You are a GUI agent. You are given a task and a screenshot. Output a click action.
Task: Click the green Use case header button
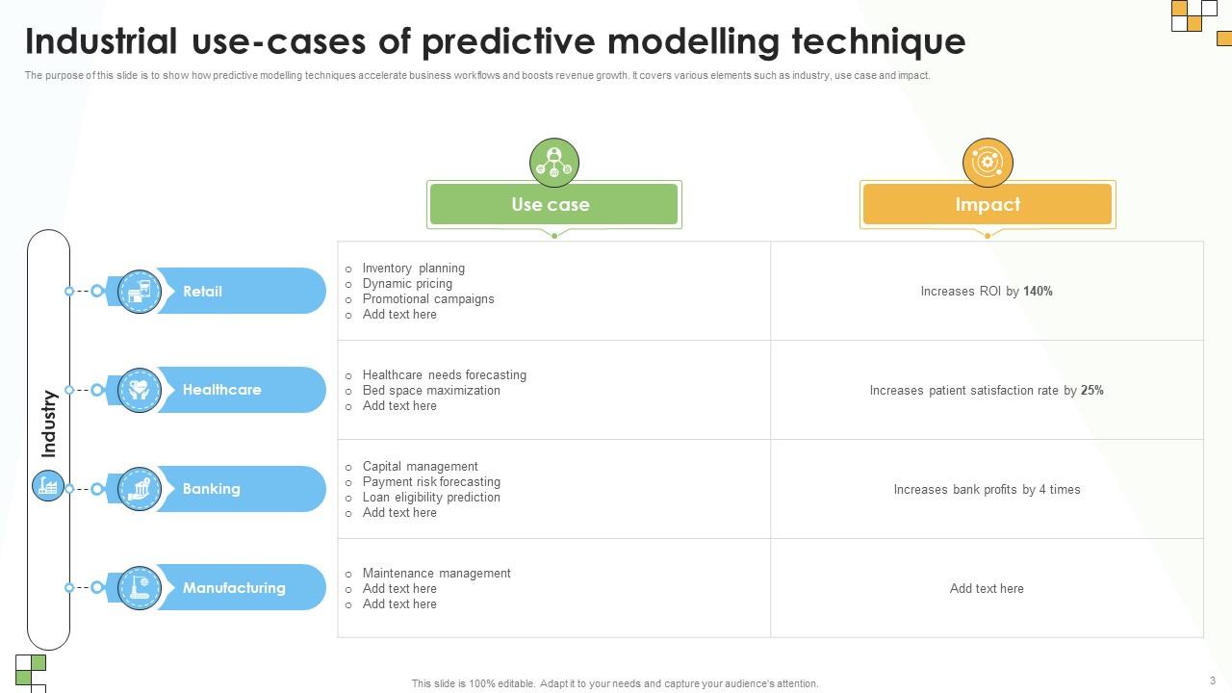[x=553, y=204]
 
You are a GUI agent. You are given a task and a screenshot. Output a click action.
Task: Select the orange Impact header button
[x=988, y=204]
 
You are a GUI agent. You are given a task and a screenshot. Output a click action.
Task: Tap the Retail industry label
[x=202, y=291]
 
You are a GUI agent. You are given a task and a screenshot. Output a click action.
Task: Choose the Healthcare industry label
[x=221, y=390]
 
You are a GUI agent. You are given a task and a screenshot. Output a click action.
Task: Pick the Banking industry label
[x=211, y=488]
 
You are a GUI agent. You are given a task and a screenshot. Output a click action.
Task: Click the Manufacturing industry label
[x=234, y=587]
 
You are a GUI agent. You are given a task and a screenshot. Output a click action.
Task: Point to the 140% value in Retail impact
[x=1038, y=291]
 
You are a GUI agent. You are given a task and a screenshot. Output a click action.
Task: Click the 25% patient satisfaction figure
[x=1092, y=390]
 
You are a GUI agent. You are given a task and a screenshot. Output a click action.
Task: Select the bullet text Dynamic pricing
[x=407, y=283]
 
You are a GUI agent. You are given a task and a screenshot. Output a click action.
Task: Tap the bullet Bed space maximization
[x=431, y=390]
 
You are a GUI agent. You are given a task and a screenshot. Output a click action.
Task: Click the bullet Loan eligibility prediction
[x=431, y=497]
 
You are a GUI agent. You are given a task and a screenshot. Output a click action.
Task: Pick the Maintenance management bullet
[x=436, y=573]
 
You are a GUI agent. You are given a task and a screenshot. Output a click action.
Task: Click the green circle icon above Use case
[x=553, y=163]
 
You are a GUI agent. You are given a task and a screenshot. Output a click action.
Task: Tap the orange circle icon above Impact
[x=988, y=163]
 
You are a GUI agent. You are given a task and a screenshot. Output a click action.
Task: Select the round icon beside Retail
[x=140, y=291]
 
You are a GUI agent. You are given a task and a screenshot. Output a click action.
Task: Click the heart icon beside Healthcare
[x=140, y=390]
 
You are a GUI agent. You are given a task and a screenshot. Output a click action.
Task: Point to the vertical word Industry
[x=49, y=423]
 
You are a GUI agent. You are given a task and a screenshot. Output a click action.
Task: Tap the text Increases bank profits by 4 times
[x=987, y=489]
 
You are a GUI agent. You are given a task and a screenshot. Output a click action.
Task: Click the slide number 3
[x=1212, y=680]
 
